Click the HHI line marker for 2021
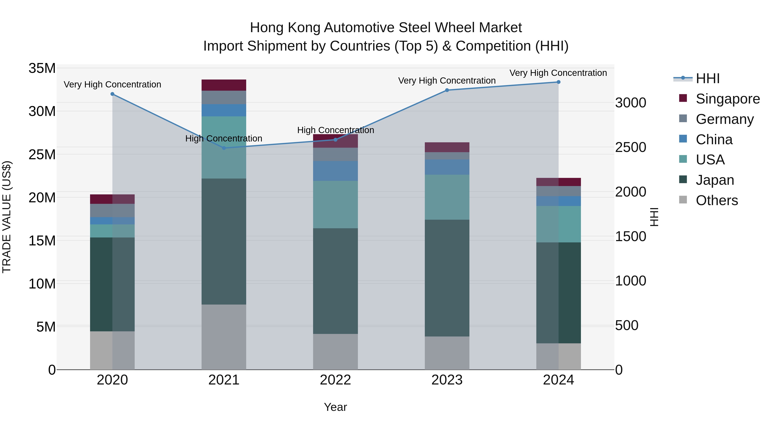click(x=224, y=148)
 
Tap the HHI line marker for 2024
click(x=558, y=82)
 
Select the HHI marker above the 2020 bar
click(x=112, y=94)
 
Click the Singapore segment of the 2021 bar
click(x=224, y=85)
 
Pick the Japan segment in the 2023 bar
click(x=447, y=278)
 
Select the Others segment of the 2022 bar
click(x=335, y=352)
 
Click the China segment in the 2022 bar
click(x=335, y=171)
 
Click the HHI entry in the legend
click(x=707, y=78)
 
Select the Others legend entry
click(x=716, y=200)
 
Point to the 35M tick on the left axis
click(x=42, y=68)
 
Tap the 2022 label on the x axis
click(x=335, y=380)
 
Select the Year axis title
click(x=335, y=407)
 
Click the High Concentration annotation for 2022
click(x=335, y=130)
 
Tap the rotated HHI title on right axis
click(x=654, y=217)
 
